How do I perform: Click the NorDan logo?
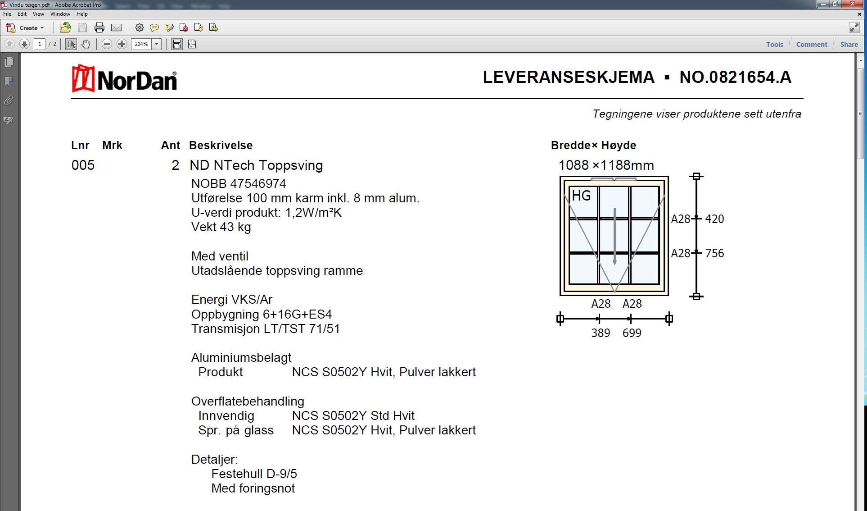coord(124,79)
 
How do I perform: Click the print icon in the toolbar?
coord(99,28)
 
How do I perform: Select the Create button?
coord(25,28)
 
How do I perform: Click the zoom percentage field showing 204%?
coord(141,44)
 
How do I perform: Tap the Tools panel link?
coord(774,44)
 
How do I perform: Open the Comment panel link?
coord(811,44)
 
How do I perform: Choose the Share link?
coord(849,44)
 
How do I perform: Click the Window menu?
coord(60,14)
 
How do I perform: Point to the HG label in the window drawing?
coord(581,196)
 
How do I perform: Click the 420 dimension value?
coord(714,219)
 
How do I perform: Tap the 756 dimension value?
coord(714,253)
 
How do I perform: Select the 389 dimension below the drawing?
coord(601,333)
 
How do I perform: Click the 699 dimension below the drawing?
coord(632,333)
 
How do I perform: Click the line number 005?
coord(83,165)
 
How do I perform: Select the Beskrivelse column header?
coord(221,146)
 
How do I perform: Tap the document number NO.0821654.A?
coord(735,77)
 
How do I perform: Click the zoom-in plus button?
coord(122,44)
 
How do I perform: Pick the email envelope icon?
coord(117,28)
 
